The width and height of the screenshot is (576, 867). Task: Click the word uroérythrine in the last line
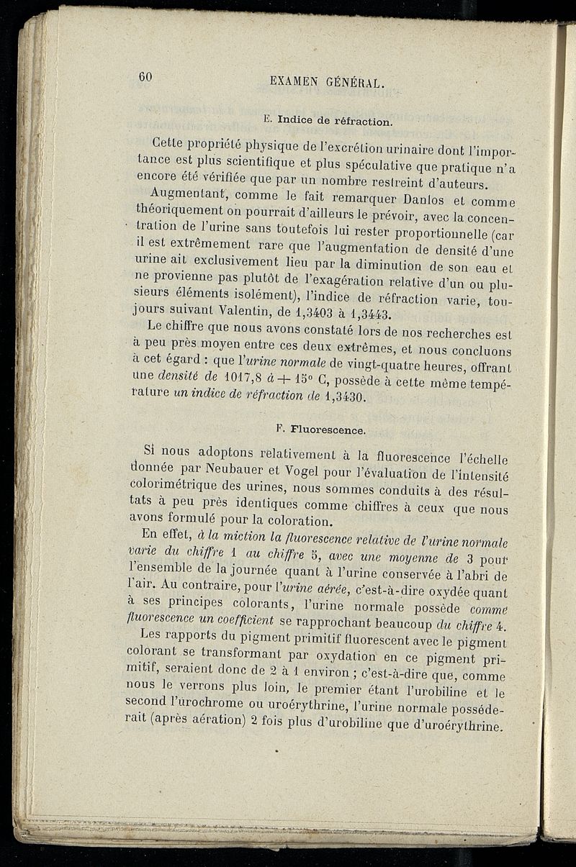coord(462,727)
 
